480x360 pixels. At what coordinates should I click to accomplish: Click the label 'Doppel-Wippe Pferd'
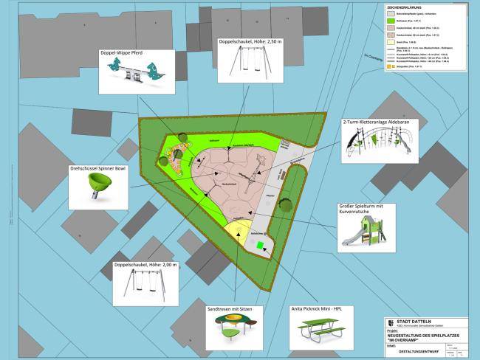point(131,52)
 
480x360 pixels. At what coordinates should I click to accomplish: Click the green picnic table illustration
point(320,333)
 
